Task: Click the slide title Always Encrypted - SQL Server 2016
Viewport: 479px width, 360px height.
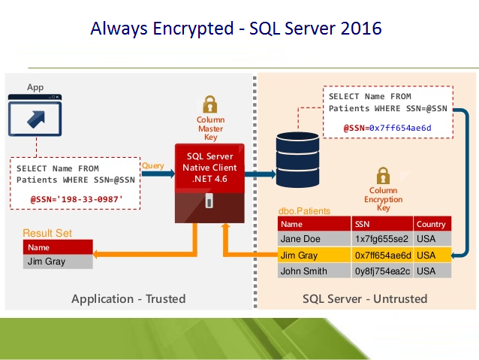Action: [236, 29]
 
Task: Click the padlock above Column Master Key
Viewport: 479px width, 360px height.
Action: [210, 104]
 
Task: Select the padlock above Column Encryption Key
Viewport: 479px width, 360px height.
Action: [383, 176]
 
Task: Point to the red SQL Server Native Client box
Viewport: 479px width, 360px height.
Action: [210, 168]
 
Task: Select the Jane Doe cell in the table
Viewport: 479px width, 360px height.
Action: [300, 239]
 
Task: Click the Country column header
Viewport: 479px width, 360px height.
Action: [431, 223]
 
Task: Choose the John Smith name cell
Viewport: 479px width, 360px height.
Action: [303, 271]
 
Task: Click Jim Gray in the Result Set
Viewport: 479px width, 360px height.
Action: [46, 262]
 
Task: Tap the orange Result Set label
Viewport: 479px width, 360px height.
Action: [47, 233]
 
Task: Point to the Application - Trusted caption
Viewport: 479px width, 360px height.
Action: [128, 298]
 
